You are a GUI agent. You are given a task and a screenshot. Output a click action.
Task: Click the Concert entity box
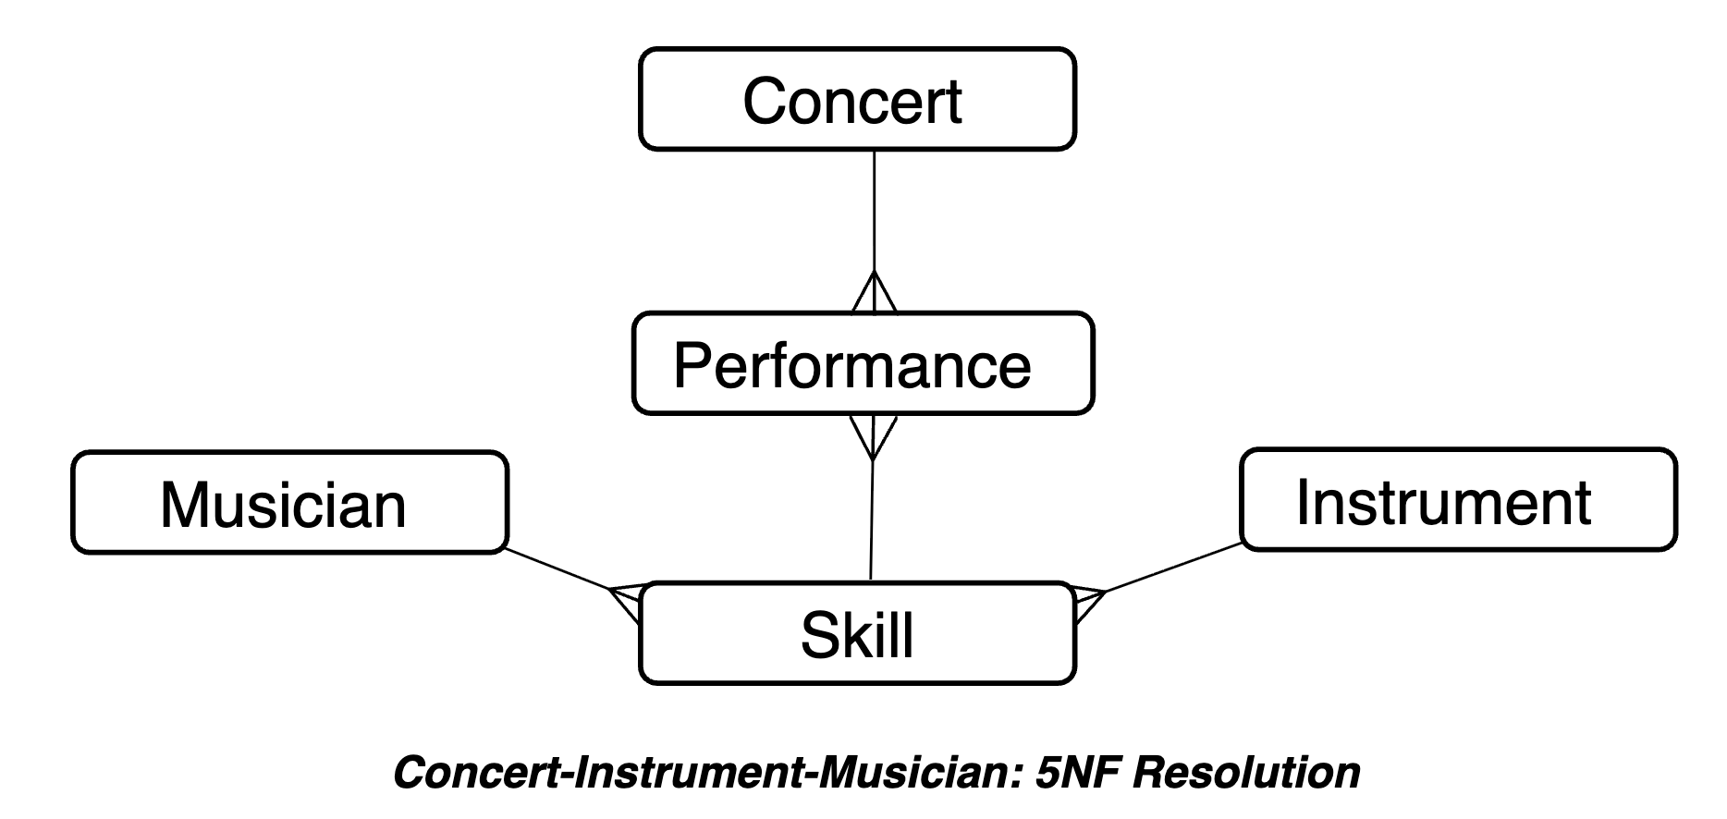pos(856,99)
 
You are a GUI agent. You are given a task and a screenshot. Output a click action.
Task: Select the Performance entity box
pos(862,363)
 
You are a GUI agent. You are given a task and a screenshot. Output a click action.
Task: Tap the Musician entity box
pos(289,503)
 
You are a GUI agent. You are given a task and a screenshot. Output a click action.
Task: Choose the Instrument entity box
pos(1457,500)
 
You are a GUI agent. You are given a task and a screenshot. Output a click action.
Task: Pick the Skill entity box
pos(856,633)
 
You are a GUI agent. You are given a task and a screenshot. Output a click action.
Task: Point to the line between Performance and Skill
pos(871,518)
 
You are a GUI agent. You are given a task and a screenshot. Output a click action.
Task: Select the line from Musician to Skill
pos(555,569)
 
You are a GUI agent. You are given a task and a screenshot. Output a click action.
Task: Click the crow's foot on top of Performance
pos(874,294)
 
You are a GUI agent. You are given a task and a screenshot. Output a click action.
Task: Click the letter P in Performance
pos(692,365)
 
